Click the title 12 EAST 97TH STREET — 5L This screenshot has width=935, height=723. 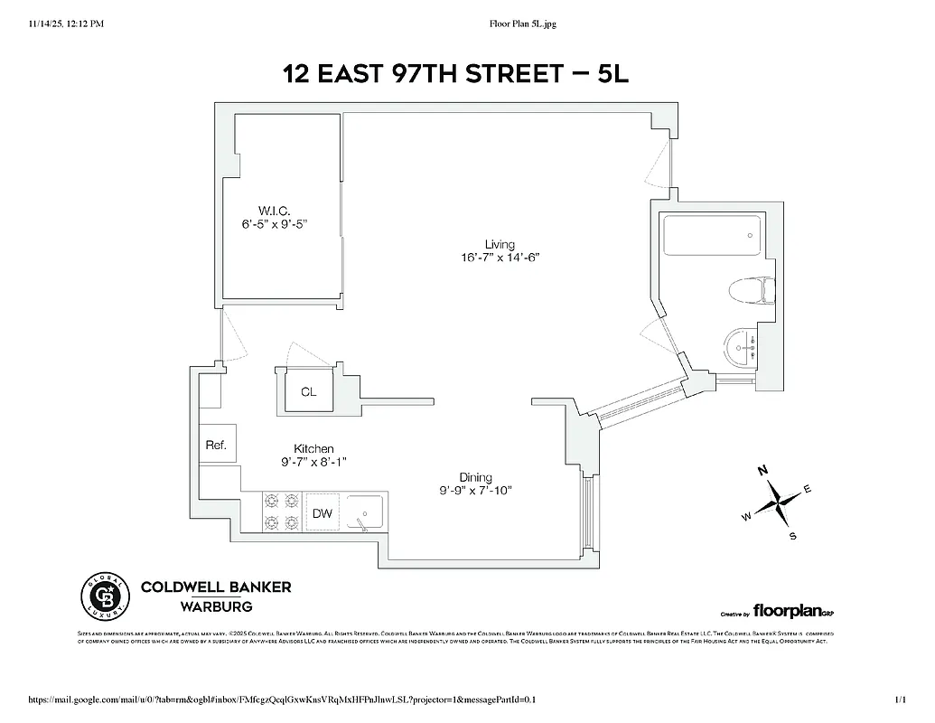455,73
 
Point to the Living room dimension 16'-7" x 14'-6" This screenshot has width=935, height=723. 500,258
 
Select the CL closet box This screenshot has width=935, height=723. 309,391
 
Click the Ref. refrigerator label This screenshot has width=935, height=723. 216,445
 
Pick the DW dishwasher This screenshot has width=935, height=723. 323,513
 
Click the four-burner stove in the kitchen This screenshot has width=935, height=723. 280,512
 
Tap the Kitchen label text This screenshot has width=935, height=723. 313,448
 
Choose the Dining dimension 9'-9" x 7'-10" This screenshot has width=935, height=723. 475,491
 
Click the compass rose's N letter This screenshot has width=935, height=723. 762,470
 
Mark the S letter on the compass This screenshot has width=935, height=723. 793,536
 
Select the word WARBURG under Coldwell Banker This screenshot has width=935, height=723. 215,606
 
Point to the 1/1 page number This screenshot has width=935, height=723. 899,700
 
